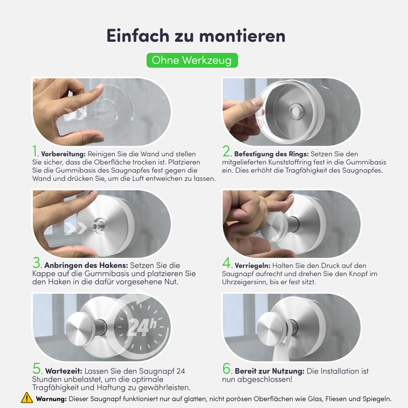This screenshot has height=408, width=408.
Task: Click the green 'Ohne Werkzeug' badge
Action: (192, 61)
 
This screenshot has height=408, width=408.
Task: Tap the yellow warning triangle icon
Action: (27, 398)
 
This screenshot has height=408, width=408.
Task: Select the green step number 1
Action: (35, 151)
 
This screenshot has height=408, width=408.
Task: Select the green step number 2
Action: (226, 151)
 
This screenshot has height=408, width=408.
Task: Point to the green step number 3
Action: (37, 262)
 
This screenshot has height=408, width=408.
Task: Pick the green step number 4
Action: (226, 262)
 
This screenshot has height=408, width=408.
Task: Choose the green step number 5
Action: (37, 368)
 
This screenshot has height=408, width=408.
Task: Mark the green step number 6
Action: (226, 368)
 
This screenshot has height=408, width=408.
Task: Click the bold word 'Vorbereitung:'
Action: (63, 154)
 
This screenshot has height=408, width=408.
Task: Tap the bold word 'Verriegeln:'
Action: (252, 266)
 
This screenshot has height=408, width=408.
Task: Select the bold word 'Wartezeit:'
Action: (64, 371)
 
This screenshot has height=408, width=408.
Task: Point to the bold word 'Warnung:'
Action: (51, 399)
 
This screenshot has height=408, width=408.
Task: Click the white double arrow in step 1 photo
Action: (75, 114)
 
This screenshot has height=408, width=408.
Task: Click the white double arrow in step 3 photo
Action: (75, 228)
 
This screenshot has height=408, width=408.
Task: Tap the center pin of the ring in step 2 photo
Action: (296, 111)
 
